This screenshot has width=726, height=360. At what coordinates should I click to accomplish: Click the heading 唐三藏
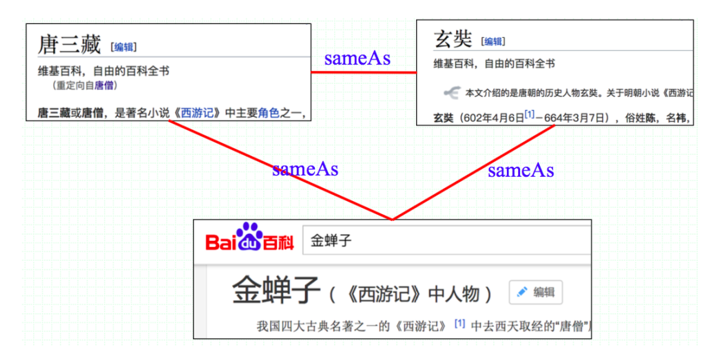[x=69, y=46]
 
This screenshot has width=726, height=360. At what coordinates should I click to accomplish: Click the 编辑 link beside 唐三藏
[x=123, y=47]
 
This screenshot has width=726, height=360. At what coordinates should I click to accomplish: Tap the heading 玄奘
[x=453, y=40]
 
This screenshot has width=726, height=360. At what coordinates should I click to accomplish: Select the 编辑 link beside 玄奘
[x=493, y=42]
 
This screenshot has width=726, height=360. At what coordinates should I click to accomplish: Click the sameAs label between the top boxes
[x=357, y=59]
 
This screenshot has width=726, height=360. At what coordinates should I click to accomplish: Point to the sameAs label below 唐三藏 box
[x=305, y=169]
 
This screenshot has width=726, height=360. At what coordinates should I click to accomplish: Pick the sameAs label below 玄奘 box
[x=521, y=171]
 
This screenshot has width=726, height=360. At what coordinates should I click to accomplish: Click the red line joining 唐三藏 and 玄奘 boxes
[x=364, y=73]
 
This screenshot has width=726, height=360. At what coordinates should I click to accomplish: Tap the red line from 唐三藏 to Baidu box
[x=280, y=170]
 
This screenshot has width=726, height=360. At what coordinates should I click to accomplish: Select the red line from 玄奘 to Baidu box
[x=473, y=173]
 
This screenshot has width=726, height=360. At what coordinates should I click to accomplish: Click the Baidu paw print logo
[x=249, y=234]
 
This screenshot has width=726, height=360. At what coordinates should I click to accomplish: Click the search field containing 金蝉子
[x=446, y=241]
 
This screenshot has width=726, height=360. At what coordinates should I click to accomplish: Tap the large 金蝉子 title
[x=276, y=290]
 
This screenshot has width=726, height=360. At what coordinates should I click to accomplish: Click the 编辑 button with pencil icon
[x=536, y=292]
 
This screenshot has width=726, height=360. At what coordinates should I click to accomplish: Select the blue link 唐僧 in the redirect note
[x=103, y=85]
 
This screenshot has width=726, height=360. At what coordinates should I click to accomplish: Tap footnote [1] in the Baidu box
[x=459, y=324]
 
